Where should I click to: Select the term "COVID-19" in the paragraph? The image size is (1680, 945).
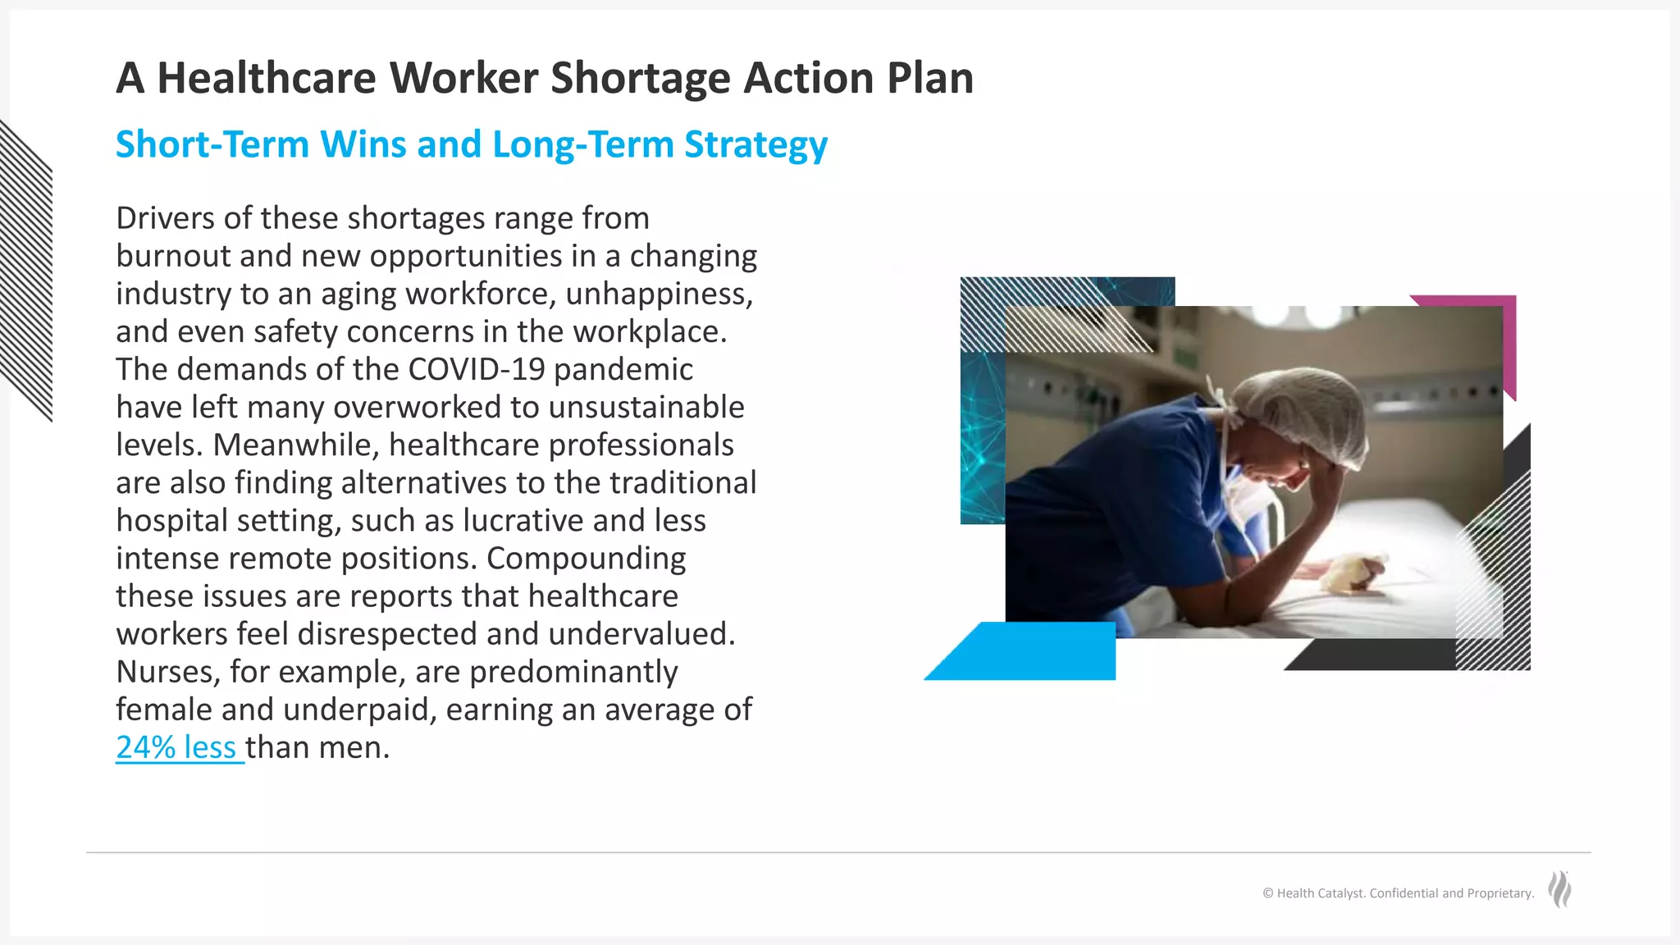tap(476, 370)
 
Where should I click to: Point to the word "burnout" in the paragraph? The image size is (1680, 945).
tap(174, 256)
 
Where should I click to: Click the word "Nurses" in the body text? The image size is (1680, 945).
tap(167, 672)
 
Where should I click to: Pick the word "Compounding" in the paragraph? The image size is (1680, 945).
tap(586, 559)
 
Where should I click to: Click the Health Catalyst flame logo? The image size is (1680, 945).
tap(1559, 889)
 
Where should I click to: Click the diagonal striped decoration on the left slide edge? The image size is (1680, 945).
tap(26, 271)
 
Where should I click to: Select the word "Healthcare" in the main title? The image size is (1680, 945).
tap(266, 79)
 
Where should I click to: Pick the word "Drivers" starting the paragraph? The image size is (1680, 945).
tap(165, 218)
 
